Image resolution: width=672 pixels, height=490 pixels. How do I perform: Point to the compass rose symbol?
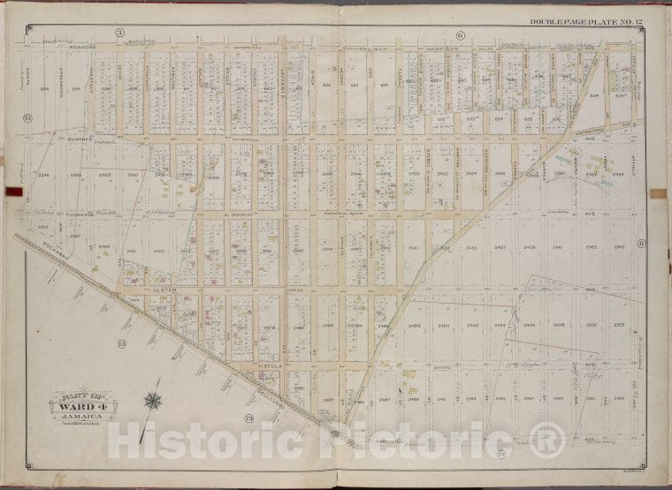(152, 401)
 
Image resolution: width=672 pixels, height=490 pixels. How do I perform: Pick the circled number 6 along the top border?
(461, 34)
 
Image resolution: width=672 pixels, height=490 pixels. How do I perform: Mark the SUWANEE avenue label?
(67, 138)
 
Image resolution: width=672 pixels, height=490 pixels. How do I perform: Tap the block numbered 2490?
(443, 327)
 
